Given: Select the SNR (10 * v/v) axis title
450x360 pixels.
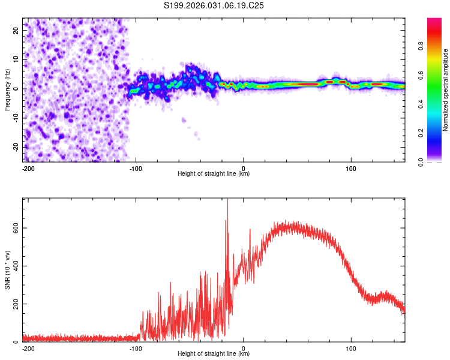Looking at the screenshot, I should [x=7, y=270].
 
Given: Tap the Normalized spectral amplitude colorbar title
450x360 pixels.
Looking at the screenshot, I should [x=446, y=90].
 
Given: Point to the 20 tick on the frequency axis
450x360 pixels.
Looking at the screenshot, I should [x=16, y=30].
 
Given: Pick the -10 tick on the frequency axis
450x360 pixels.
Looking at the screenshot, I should [x=16, y=118].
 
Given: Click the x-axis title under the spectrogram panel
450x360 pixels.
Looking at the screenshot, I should [x=214, y=174].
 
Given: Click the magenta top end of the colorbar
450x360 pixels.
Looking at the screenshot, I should [x=434, y=20].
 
